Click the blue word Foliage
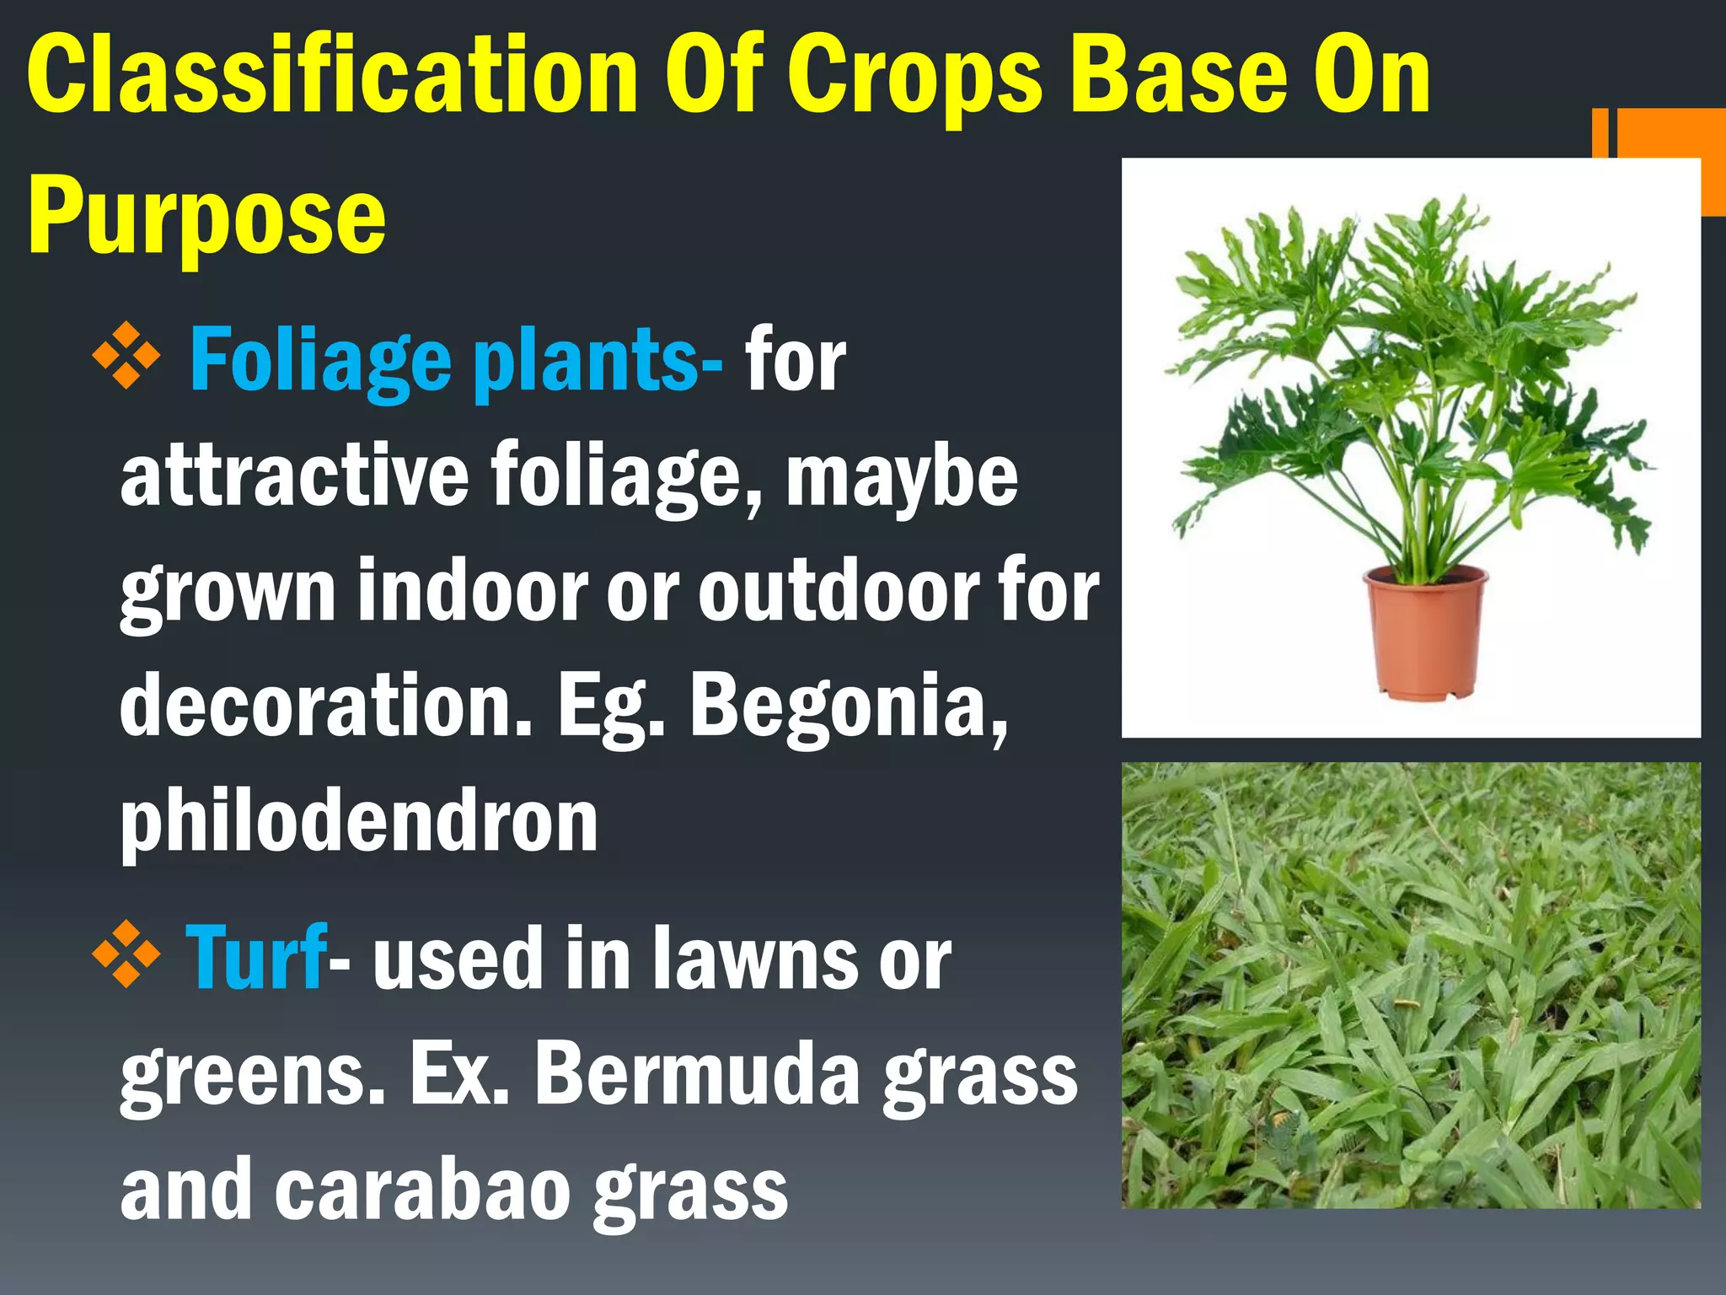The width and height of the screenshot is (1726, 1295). pos(320,363)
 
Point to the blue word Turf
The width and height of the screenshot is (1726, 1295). pos(255,957)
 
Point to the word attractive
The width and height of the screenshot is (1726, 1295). pos(295,476)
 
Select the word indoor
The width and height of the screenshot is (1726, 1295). pos(472,590)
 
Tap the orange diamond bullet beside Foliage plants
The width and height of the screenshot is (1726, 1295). pos(126,356)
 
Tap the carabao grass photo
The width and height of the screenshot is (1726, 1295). pos(1411,985)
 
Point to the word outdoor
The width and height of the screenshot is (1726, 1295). pos(839,590)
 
